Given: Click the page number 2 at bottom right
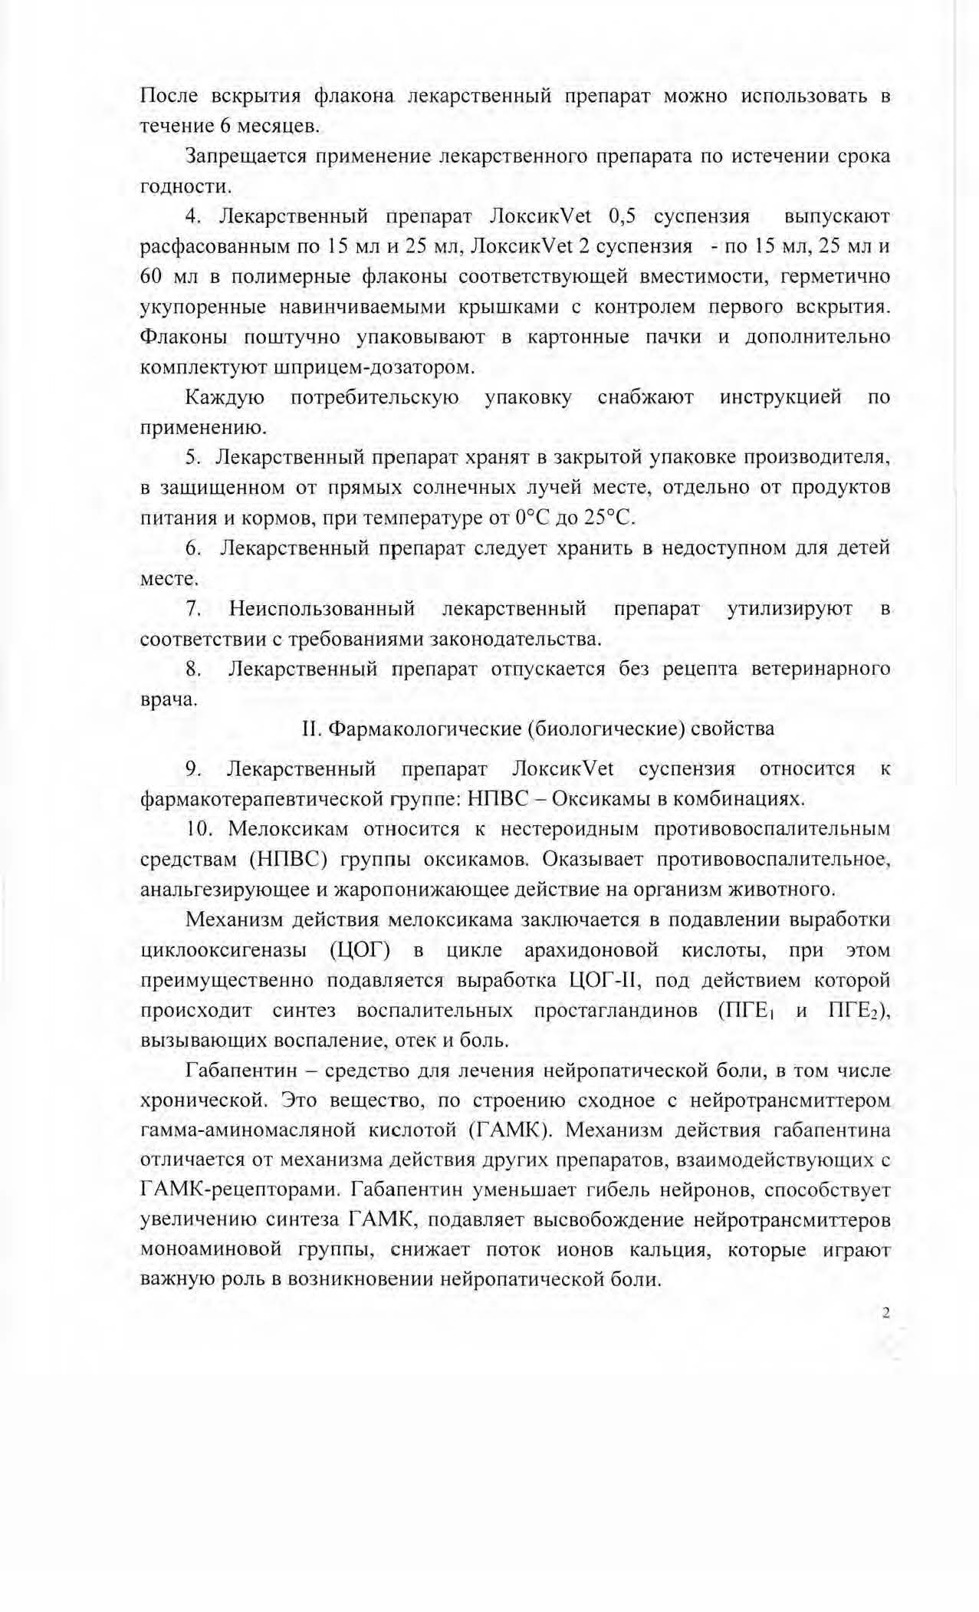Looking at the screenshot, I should pyautogui.click(x=885, y=1312).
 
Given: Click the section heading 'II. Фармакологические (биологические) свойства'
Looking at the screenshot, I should pyautogui.click(x=538, y=729).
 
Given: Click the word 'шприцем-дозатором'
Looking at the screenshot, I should pyautogui.click(x=373, y=367).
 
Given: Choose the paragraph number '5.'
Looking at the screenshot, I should pyautogui.click(x=193, y=458).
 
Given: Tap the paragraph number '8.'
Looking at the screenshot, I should pyautogui.click(x=193, y=669).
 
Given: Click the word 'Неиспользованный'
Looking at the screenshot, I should pyautogui.click(x=322, y=609).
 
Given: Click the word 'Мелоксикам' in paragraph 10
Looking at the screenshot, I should pyautogui.click(x=288, y=830).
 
